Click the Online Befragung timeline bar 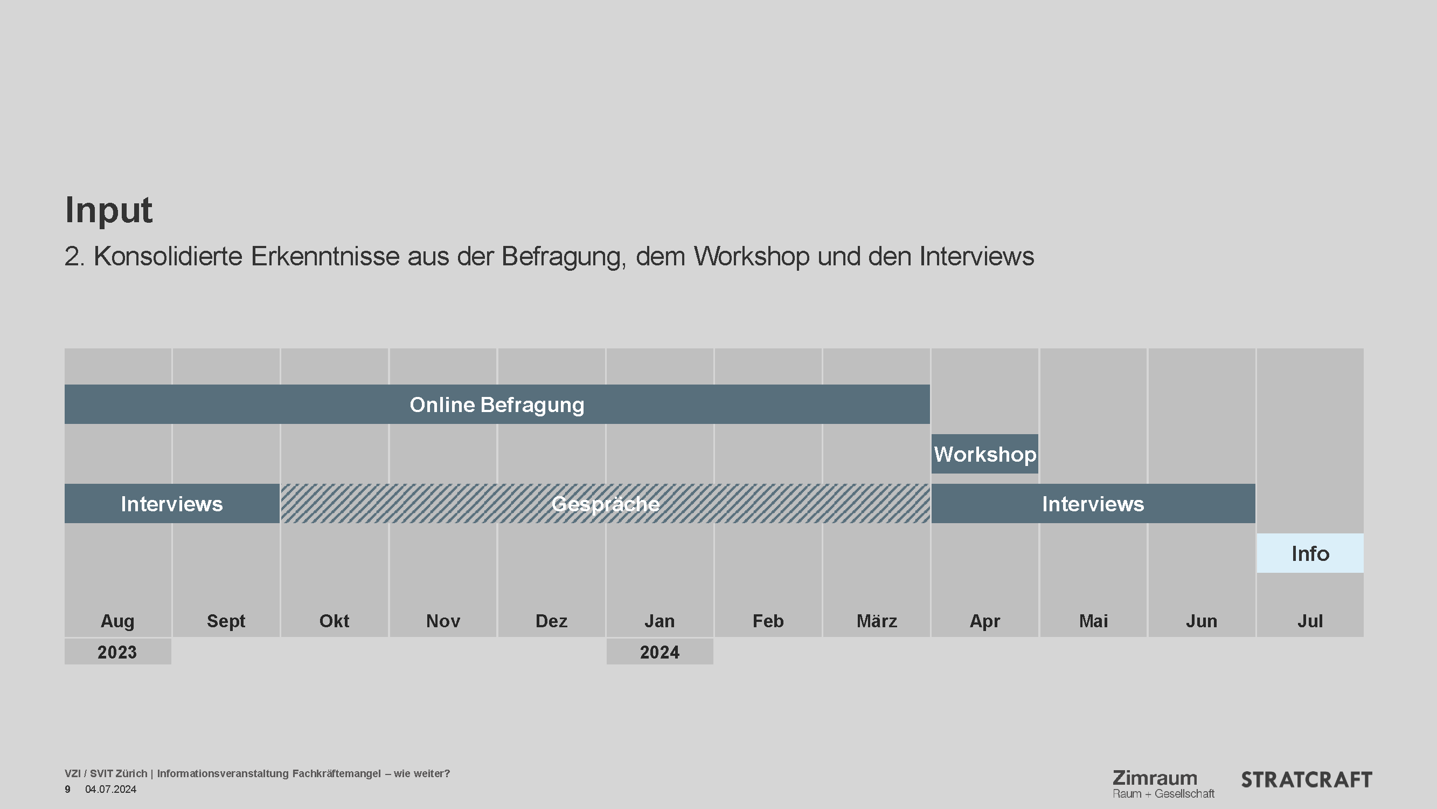click(x=496, y=404)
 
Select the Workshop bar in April click(x=984, y=454)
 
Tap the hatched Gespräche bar click(x=605, y=504)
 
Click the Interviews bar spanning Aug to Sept click(x=172, y=504)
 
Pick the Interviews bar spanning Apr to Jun click(x=1093, y=504)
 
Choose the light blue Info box click(x=1310, y=553)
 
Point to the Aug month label click(x=117, y=621)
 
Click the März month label click(x=876, y=621)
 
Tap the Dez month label click(x=551, y=621)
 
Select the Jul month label click(x=1310, y=621)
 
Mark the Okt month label click(x=334, y=621)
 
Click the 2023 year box click(x=117, y=652)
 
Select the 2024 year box click(x=660, y=652)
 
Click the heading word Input click(x=109, y=210)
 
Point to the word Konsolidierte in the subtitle click(x=168, y=256)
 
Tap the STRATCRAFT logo click(x=1307, y=780)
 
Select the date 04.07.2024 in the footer click(x=110, y=790)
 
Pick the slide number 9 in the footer click(x=67, y=790)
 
